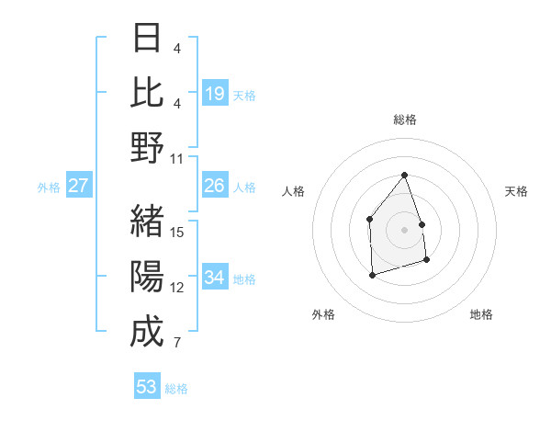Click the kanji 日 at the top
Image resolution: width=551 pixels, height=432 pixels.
click(x=147, y=38)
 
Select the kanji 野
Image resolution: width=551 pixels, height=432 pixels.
click(x=147, y=147)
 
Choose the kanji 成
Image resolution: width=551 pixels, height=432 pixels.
click(x=147, y=330)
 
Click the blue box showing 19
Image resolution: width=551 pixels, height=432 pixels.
click(x=215, y=93)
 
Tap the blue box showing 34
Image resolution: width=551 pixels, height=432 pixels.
click(x=215, y=278)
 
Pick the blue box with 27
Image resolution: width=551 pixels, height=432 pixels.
click(x=78, y=187)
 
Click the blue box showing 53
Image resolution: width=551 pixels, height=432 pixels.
click(x=147, y=387)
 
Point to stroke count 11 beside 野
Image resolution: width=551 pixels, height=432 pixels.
click(x=177, y=159)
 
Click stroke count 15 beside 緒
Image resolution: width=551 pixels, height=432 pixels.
click(x=177, y=232)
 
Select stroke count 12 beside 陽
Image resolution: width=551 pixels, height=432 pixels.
click(x=177, y=288)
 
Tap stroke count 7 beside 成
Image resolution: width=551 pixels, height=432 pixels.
click(x=177, y=344)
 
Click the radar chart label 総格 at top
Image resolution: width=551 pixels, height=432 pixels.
click(x=404, y=119)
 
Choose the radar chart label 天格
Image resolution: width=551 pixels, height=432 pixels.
click(x=516, y=191)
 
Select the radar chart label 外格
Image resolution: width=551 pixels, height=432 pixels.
click(x=323, y=314)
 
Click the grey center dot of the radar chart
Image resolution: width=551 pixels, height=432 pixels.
click(x=404, y=229)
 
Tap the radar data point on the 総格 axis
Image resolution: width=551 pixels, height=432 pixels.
click(x=404, y=175)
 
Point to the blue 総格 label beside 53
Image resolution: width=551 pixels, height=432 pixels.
click(x=176, y=389)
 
